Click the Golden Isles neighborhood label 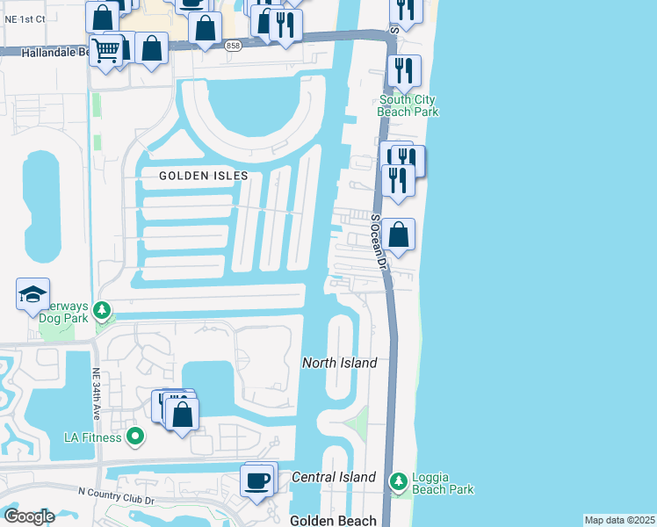tap(204, 176)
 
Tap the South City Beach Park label tap(408, 105)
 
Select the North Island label tap(340, 363)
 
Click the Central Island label tap(334, 477)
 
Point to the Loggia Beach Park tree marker tap(399, 481)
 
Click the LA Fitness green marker tap(134, 436)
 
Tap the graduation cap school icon tap(32, 294)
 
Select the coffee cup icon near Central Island tap(257, 481)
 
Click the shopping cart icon tap(105, 52)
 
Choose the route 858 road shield tap(232, 47)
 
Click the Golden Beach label tap(333, 520)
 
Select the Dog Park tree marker tap(102, 310)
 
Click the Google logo tap(29, 516)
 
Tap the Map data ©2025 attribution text tap(619, 520)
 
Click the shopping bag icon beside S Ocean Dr tap(399, 235)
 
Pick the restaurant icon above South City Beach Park tap(404, 70)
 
